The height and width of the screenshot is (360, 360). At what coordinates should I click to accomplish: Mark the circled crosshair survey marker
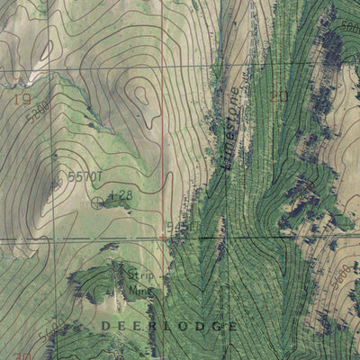[97, 202]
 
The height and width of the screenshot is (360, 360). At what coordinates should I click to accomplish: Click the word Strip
[136, 278]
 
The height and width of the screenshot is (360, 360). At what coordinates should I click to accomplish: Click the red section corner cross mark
[163, 236]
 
